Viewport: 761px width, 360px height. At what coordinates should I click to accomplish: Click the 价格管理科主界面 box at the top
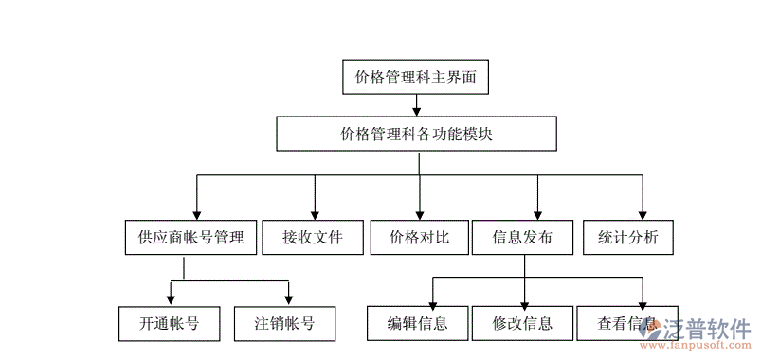pyautogui.click(x=416, y=77)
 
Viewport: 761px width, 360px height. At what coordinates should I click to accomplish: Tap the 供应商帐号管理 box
pyautogui.click(x=190, y=238)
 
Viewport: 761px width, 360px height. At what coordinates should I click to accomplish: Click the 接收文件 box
pyautogui.click(x=312, y=238)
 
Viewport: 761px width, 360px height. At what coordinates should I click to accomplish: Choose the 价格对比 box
pyautogui.click(x=419, y=238)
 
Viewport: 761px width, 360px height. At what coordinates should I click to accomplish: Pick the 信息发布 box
pyautogui.click(x=522, y=238)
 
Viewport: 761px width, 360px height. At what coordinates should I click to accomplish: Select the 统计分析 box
pyautogui.click(x=627, y=238)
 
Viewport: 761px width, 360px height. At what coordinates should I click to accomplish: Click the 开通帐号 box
pyautogui.click(x=170, y=323)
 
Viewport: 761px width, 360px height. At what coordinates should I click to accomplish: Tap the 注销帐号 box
pyautogui.click(x=286, y=323)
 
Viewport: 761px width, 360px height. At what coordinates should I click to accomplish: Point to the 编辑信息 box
pyautogui.click(x=417, y=323)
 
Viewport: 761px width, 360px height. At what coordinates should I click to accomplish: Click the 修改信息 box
pyautogui.click(x=522, y=323)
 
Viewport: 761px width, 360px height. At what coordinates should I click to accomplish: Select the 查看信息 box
pyautogui.click(x=625, y=323)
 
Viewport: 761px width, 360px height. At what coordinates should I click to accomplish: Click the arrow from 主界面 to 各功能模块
pyautogui.click(x=417, y=105)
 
